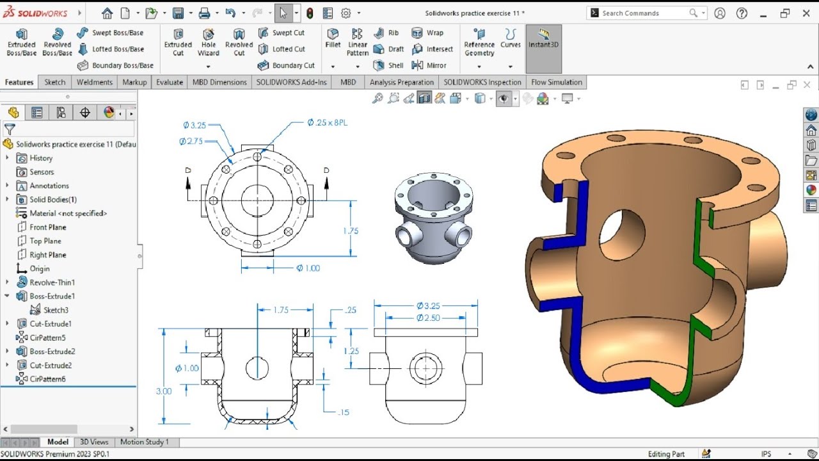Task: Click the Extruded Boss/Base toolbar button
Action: (x=21, y=42)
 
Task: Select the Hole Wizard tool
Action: (x=209, y=42)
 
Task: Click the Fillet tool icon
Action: (x=333, y=38)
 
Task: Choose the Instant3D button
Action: (x=543, y=40)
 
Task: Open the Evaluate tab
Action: (x=170, y=82)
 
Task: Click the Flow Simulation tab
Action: (x=556, y=82)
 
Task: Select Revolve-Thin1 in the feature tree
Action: (x=52, y=282)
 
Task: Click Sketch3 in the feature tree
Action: (x=56, y=310)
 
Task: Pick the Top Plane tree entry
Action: (x=45, y=241)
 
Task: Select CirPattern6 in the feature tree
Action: (x=47, y=379)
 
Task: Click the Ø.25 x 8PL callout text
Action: (x=327, y=122)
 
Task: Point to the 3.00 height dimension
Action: (x=164, y=391)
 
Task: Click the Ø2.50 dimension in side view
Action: (x=428, y=318)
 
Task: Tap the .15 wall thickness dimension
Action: (x=344, y=412)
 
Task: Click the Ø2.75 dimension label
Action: (x=191, y=141)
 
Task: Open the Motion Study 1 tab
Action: (x=144, y=442)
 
